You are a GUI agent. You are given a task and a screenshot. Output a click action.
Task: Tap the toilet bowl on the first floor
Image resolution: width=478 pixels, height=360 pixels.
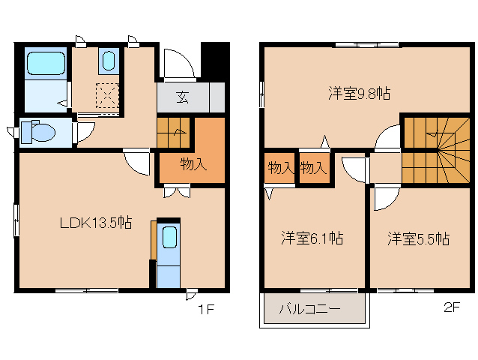click(x=39, y=133)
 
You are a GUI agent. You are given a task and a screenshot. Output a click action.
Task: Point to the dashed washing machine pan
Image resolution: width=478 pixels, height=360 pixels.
click(x=107, y=95)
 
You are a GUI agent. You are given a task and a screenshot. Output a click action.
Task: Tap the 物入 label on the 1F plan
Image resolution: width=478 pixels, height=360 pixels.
click(x=193, y=164)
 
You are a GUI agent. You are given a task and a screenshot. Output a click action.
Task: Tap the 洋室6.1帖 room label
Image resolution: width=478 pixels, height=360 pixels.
click(x=312, y=238)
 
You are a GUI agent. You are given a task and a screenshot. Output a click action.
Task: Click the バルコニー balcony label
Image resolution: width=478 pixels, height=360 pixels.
click(x=310, y=308)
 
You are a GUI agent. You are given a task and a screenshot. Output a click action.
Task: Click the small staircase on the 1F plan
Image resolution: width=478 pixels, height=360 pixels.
click(x=174, y=133)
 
